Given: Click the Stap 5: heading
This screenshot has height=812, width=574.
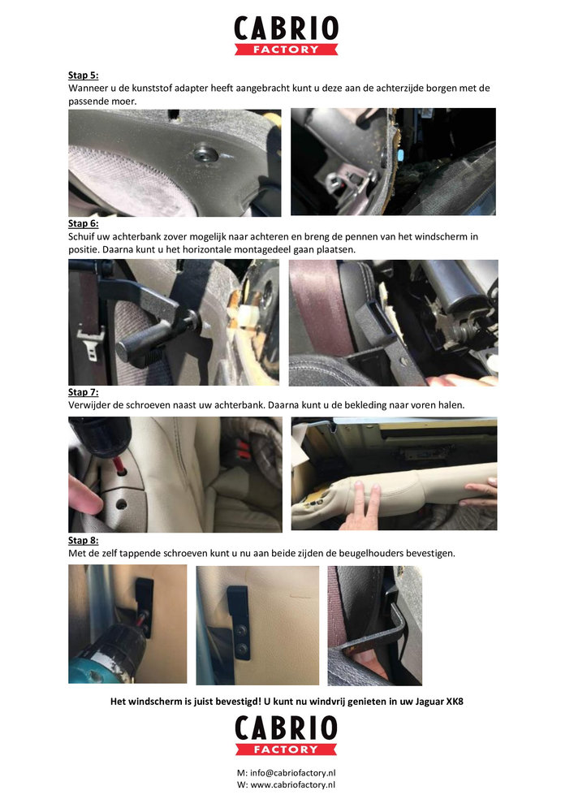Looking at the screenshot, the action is pyautogui.click(x=84, y=75).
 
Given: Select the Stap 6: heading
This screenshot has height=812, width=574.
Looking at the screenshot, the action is pyautogui.click(x=84, y=223).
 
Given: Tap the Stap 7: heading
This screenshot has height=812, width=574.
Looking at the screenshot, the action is pyautogui.click(x=84, y=392).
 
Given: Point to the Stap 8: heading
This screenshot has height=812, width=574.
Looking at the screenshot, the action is pyautogui.click(x=84, y=540).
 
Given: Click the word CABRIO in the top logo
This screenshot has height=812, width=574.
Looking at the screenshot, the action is pyautogui.click(x=287, y=28).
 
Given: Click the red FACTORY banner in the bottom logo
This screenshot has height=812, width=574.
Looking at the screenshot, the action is pyautogui.click(x=287, y=749).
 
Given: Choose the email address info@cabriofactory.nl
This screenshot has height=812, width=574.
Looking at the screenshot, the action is pyautogui.click(x=293, y=773).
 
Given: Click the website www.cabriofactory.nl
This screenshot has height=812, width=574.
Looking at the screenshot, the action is pyautogui.click(x=293, y=784).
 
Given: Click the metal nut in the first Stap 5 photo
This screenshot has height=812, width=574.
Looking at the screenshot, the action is pyautogui.click(x=205, y=153).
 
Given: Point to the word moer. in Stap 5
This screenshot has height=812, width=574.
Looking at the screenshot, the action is pyautogui.click(x=125, y=101).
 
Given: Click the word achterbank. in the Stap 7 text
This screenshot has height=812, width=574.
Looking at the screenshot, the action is pyautogui.click(x=238, y=405).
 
